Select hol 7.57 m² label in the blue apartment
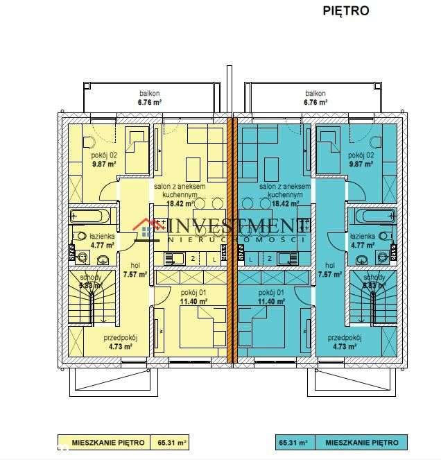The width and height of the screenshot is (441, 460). [330, 269]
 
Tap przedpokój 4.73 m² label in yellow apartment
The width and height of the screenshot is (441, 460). [120, 341]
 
